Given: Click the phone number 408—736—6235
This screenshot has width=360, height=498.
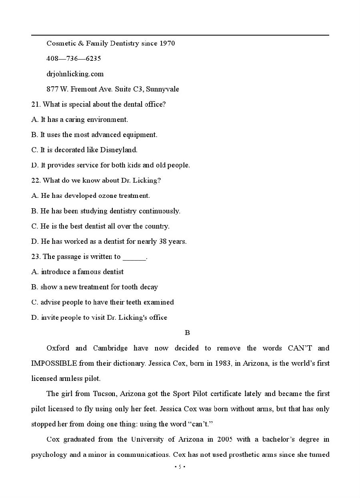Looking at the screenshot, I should (x=74, y=59).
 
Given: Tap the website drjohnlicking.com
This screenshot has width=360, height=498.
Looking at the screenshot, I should (x=75, y=74).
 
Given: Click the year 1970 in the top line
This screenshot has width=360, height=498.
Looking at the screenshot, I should (x=167, y=43).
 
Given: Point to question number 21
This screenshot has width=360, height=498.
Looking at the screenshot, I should (x=36, y=104).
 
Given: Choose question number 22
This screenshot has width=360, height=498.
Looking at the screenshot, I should (x=36, y=180).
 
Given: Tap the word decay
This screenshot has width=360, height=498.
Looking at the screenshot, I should (x=149, y=287).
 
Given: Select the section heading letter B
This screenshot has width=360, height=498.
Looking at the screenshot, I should (x=187, y=333).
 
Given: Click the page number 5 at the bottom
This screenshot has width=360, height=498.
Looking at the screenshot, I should (x=180, y=467).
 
